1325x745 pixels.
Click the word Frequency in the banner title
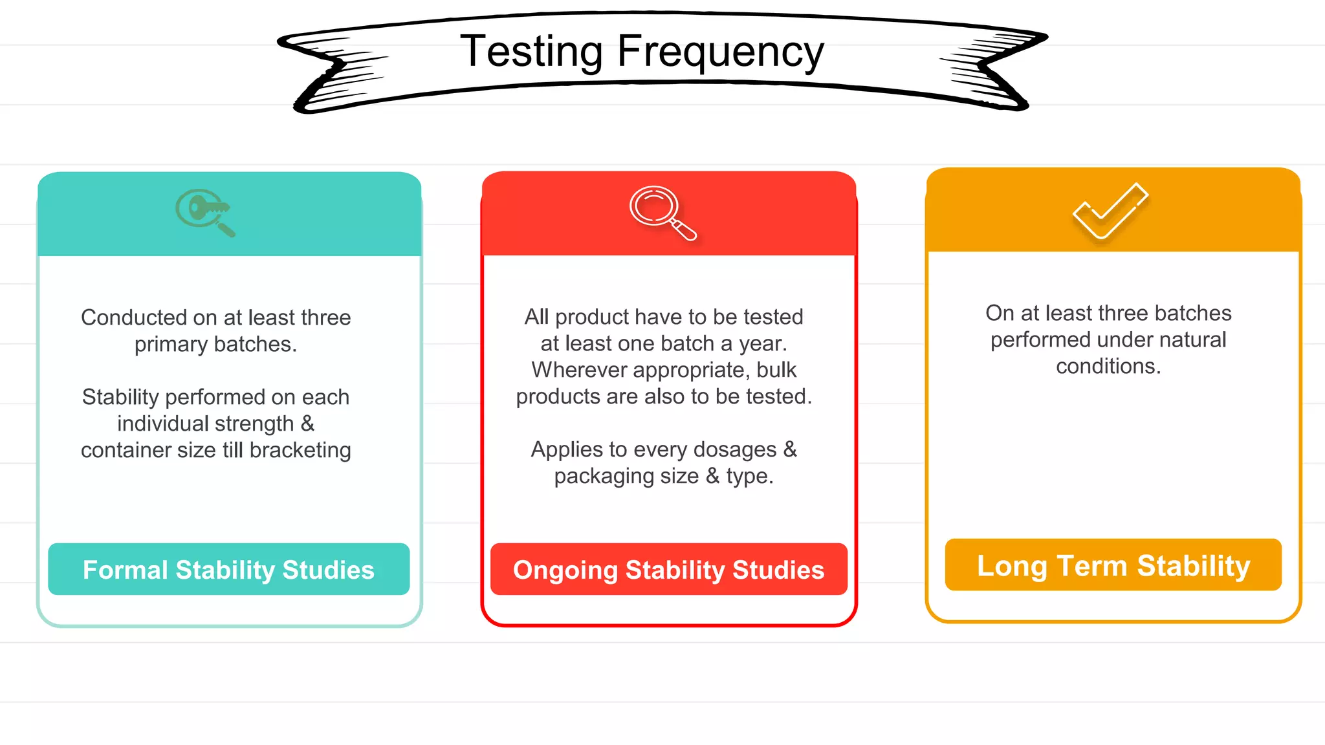pos(720,52)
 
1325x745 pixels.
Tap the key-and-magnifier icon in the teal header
pos(204,212)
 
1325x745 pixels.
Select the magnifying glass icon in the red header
pos(662,213)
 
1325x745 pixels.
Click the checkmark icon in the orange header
pos(1110,211)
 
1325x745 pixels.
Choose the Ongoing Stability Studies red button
pos(668,570)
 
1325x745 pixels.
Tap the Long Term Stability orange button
pos(1113,565)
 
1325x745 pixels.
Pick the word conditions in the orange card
pos(1108,366)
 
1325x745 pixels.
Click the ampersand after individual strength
pos(307,424)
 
